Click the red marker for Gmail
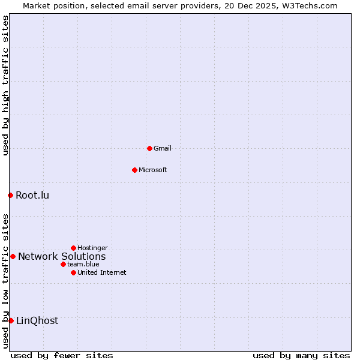149,148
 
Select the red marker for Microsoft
134,170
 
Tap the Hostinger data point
73,248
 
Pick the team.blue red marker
63,264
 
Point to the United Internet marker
73,272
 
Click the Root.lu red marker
10,195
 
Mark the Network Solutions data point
13,256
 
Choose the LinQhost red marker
11,320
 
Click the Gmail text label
163,148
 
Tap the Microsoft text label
153,170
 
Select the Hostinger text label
92,248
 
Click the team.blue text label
83,264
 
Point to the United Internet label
102,272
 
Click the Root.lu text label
32,195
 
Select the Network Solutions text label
62,256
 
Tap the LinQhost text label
37,320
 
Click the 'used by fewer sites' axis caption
62,355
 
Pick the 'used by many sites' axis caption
301,355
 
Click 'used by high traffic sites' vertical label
5,86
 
